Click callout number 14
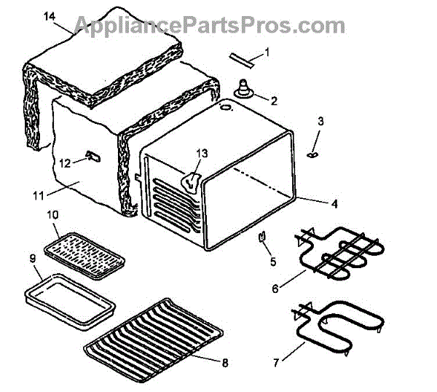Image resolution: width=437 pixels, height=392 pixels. pyautogui.click(x=50, y=17)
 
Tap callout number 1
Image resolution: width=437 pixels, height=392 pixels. pyautogui.click(x=267, y=52)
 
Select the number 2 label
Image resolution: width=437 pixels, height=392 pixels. pyautogui.click(x=274, y=101)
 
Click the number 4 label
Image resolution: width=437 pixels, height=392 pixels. pyautogui.click(x=334, y=205)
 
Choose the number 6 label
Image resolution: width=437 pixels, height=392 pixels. pyautogui.click(x=276, y=289)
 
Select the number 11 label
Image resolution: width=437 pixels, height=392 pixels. pyautogui.click(x=39, y=195)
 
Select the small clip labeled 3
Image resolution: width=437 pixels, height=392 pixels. pyautogui.click(x=314, y=154)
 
